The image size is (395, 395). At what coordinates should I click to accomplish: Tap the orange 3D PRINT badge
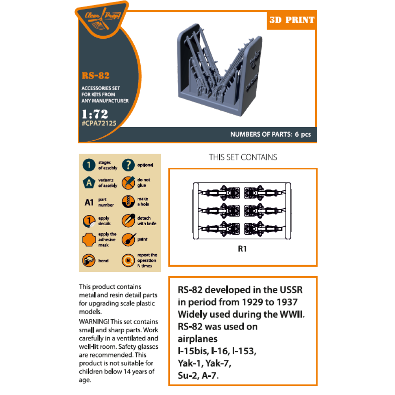[292, 20]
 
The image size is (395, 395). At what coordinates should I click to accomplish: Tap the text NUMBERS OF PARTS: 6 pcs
[271, 134]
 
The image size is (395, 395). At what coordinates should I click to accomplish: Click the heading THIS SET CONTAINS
[243, 157]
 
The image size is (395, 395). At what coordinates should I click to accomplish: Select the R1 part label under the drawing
[243, 249]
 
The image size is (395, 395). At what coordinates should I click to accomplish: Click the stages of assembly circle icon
[89, 165]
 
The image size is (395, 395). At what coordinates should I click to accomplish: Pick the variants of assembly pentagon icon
[89, 182]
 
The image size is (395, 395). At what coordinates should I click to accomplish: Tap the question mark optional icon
[128, 165]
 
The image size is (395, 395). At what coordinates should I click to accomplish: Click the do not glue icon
[128, 182]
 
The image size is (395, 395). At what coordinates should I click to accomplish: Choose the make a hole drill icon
[128, 201]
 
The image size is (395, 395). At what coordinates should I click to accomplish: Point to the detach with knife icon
[128, 220]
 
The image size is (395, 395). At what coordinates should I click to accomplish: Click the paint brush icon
[128, 239]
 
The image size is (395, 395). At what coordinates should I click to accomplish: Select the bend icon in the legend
[89, 261]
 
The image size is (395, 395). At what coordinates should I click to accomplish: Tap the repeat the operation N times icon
[128, 261]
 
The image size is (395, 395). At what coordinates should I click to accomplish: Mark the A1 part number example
[89, 202]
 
